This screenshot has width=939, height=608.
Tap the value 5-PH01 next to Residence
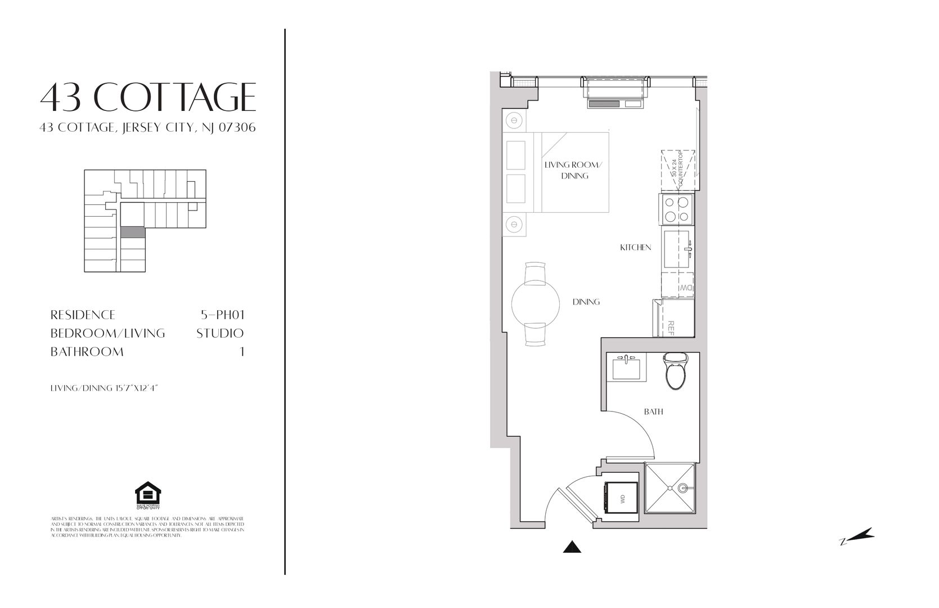click(x=223, y=315)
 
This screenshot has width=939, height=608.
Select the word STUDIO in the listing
click(x=220, y=333)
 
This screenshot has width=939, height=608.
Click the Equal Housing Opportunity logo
click(x=148, y=495)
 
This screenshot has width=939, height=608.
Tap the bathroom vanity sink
click(x=627, y=369)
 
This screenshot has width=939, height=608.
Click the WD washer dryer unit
click(x=621, y=498)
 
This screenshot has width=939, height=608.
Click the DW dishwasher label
click(x=685, y=288)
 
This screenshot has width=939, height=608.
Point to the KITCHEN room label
click(x=635, y=247)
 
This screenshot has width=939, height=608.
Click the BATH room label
click(x=653, y=412)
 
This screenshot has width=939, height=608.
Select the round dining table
click(x=536, y=304)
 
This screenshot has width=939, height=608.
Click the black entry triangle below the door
click(x=572, y=547)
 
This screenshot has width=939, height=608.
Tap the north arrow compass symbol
click(x=857, y=537)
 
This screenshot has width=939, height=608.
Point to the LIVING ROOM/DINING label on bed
click(x=574, y=170)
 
